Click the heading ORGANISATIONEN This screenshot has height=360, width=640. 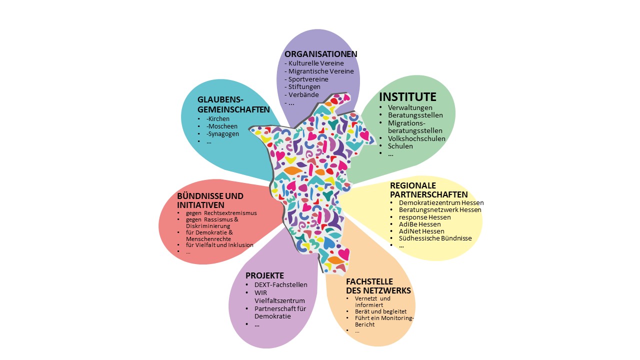click(x=320, y=54)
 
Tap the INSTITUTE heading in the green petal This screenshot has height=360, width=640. click(x=407, y=96)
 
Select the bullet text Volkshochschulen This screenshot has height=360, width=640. click(x=416, y=138)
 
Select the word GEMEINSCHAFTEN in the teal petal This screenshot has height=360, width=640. click(x=233, y=109)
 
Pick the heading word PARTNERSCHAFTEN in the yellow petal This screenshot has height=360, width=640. click(x=429, y=194)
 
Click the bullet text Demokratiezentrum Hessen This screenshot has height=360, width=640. click(x=441, y=203)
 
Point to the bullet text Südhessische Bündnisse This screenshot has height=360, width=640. click(x=435, y=238)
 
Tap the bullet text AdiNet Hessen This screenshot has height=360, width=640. click(x=421, y=231)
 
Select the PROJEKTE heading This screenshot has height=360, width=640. click(x=264, y=275)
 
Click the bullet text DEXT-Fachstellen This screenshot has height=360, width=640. click(x=280, y=285)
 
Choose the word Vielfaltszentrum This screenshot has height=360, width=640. click(x=279, y=300)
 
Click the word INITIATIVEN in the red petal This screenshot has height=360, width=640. click(x=200, y=205)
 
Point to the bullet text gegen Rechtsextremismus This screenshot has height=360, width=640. click(x=217, y=213)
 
